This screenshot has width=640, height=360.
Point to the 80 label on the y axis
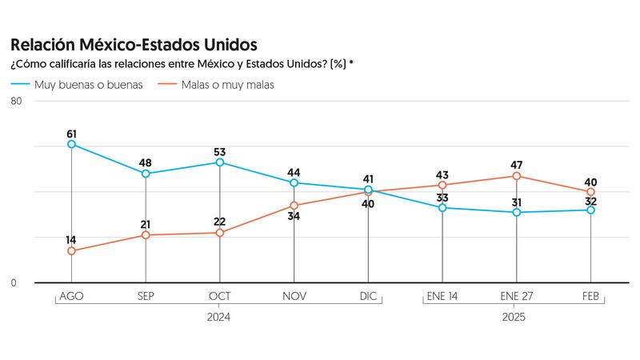pos(16,100)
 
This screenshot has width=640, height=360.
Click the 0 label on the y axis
pos(14,282)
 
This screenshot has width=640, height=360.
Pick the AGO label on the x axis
pos(71,297)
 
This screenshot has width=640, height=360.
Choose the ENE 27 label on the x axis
pos(517,297)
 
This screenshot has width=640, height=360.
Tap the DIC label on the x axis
pos(368,297)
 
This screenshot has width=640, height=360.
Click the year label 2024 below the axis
pos(219,317)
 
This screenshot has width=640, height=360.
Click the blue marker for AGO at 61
pos(71,144)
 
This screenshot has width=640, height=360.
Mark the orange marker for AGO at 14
pos(71,251)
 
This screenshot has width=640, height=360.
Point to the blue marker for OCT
pos(219,162)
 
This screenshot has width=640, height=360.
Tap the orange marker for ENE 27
pos(517,176)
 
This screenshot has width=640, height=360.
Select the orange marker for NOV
pos(294,206)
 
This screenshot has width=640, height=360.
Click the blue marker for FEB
pos(591,210)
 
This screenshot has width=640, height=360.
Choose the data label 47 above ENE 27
pos(517,163)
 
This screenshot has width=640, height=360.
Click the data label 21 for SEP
pos(146,224)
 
